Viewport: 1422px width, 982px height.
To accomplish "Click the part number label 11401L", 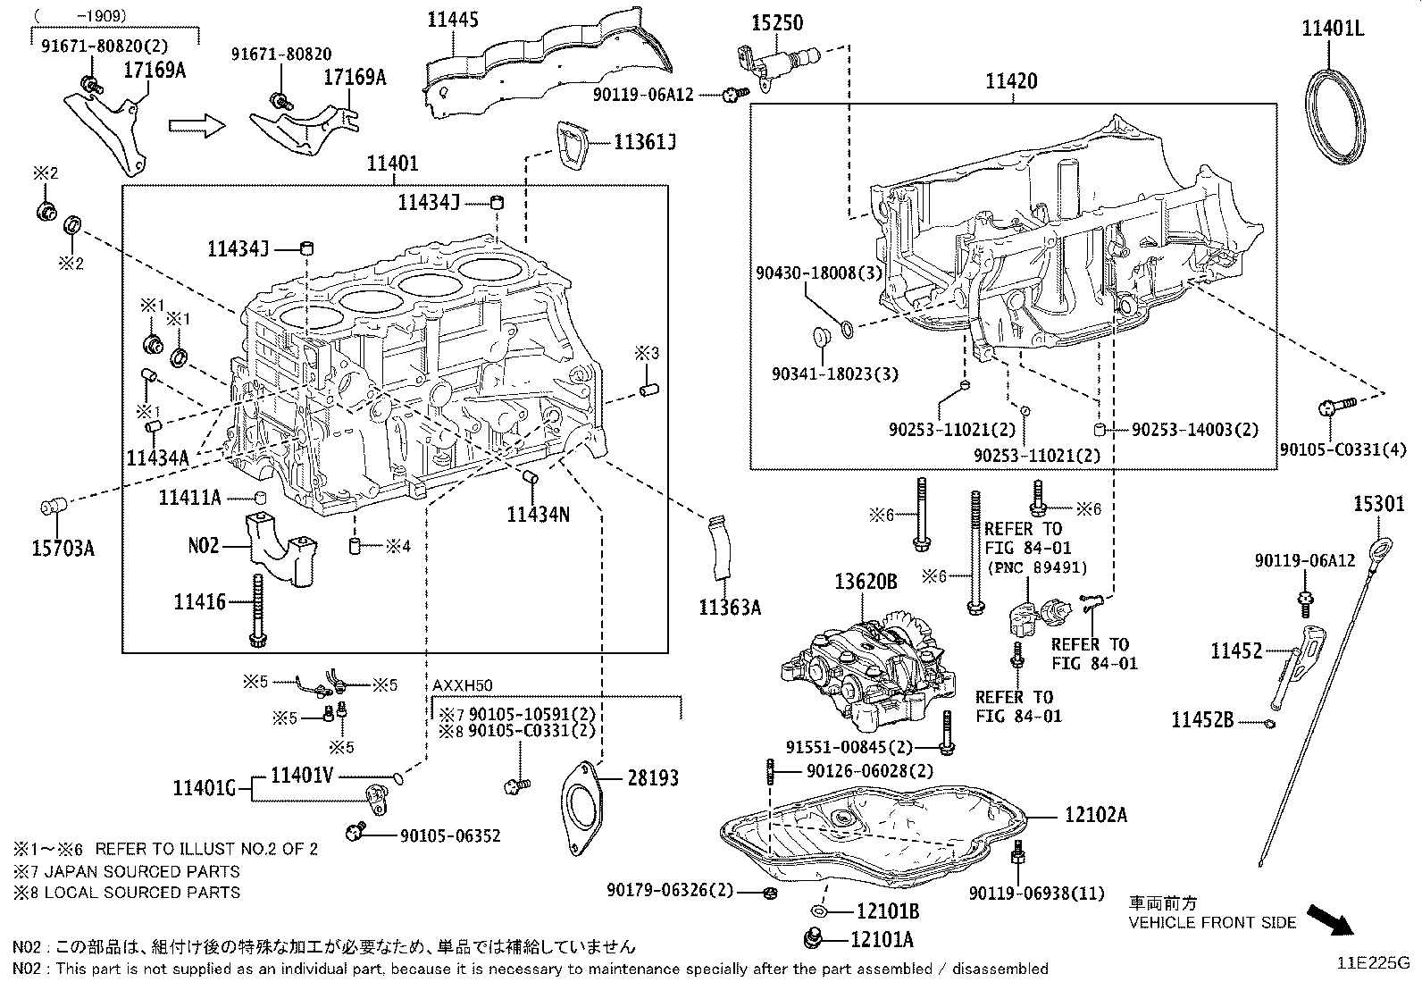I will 1332,28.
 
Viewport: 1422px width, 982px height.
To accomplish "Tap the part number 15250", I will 775,22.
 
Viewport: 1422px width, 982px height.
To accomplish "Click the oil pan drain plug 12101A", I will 813,939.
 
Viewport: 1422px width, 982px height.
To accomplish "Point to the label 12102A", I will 1095,814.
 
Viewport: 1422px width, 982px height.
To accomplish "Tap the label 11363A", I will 730,608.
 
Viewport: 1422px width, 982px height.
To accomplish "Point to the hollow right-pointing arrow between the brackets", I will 196,125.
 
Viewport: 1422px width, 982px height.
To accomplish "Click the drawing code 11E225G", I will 1372,963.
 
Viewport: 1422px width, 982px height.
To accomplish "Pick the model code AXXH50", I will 463,684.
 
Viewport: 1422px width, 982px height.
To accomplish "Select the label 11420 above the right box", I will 1011,81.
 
